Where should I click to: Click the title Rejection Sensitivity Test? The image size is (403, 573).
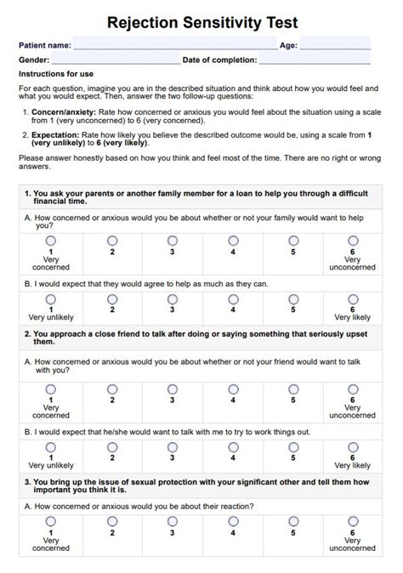click(201, 21)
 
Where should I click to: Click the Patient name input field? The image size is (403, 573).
click(175, 44)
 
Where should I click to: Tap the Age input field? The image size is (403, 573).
click(335, 44)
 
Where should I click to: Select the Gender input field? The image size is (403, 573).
click(116, 60)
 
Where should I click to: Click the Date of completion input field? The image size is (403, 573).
click(315, 60)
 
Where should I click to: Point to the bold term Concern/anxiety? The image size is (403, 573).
click(61, 111)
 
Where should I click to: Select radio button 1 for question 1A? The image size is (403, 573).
click(51, 241)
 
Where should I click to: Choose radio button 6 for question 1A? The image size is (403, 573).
click(353, 241)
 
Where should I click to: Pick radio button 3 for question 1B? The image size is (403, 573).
click(173, 298)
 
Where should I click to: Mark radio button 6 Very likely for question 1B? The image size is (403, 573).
click(353, 298)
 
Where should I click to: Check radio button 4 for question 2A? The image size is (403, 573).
click(233, 389)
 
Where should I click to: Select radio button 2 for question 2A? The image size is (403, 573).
click(112, 389)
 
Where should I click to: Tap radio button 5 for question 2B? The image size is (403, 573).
click(293, 446)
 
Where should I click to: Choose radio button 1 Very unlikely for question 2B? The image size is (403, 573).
click(51, 446)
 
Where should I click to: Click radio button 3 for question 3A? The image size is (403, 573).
click(173, 521)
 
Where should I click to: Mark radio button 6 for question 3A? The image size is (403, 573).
click(353, 521)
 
